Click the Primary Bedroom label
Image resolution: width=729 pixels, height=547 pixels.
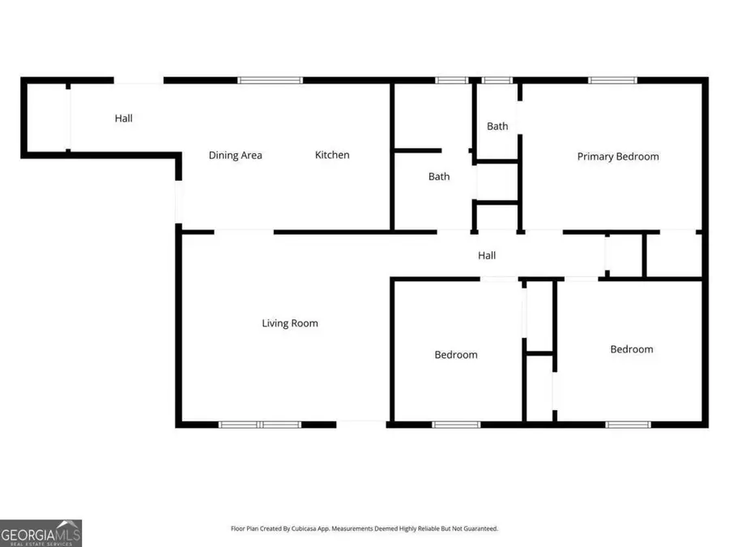click(x=617, y=156)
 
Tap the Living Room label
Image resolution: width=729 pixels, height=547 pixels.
click(x=289, y=323)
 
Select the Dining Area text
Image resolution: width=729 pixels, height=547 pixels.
click(x=235, y=156)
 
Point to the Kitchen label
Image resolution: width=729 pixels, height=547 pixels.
click(x=332, y=155)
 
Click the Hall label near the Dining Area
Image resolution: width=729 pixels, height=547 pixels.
click(x=123, y=118)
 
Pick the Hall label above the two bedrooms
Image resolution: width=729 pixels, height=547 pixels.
click(x=486, y=255)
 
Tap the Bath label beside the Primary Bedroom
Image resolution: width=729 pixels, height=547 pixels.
click(x=497, y=126)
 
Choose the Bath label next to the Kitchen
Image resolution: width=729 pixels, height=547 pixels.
click(x=439, y=177)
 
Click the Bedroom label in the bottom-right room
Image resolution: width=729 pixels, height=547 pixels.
click(x=631, y=349)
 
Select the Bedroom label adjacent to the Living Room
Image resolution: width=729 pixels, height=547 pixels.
click(x=455, y=355)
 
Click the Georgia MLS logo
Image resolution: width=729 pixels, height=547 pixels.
click(x=40, y=533)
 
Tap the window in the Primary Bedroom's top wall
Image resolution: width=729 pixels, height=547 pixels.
click(x=612, y=80)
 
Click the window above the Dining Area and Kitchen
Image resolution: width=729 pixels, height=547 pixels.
click(x=270, y=80)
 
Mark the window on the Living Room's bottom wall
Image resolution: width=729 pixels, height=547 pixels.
click(x=260, y=424)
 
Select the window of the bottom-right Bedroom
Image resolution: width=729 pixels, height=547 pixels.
click(x=628, y=424)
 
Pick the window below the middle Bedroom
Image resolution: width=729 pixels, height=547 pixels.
click(x=456, y=424)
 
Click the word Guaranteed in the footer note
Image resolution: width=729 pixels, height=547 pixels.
click(x=480, y=529)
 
